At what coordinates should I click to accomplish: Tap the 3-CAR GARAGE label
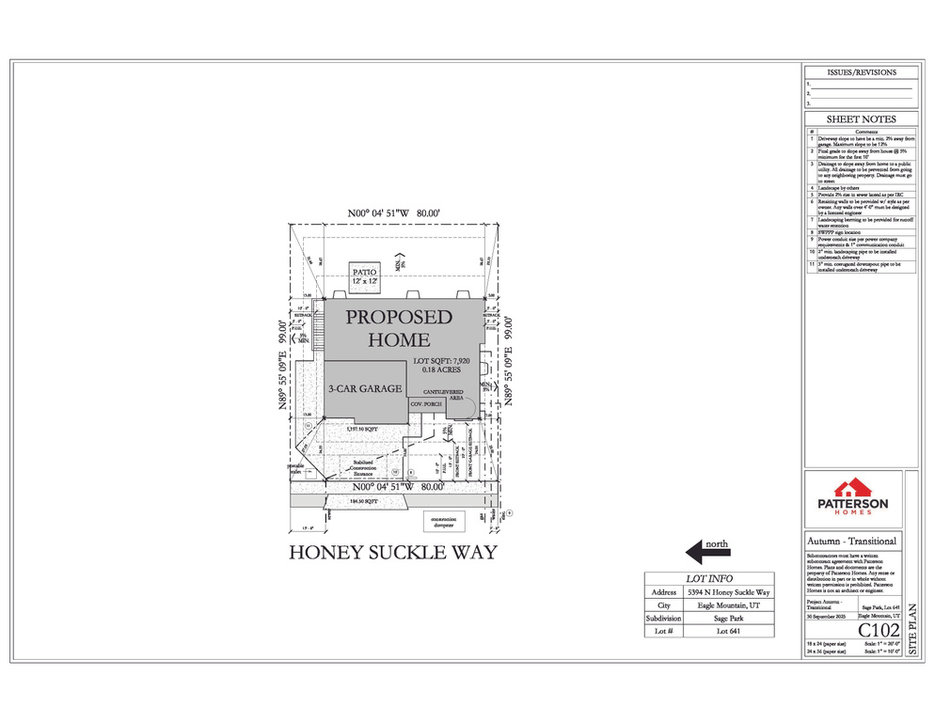click(365, 388)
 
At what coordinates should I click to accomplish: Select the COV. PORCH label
click(426, 403)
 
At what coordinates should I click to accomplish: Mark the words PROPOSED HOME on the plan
click(399, 328)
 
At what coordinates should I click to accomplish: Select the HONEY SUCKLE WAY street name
click(391, 553)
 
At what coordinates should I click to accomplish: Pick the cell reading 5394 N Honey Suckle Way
click(728, 592)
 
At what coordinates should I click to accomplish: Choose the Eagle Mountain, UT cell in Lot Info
click(728, 605)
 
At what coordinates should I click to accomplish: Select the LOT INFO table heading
click(709, 579)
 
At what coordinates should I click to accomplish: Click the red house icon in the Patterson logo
click(853, 487)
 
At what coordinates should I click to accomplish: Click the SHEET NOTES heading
click(861, 119)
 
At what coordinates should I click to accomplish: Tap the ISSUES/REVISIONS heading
click(861, 72)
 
